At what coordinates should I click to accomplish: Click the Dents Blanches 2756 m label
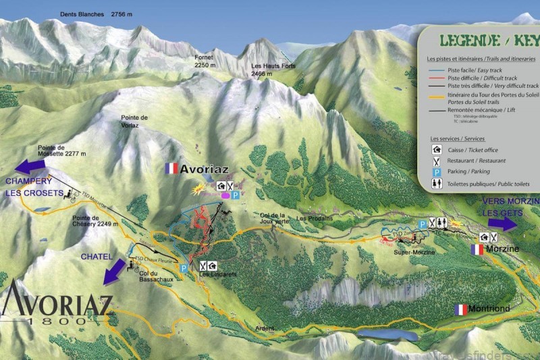92,13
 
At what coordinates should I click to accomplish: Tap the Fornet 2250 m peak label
204,61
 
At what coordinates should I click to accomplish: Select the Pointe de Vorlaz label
134,121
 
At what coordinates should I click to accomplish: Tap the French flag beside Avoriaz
171,168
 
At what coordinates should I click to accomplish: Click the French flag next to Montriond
461,309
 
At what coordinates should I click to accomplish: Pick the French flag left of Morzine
477,249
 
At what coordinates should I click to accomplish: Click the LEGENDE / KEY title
480,41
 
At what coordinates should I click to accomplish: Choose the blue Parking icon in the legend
437,172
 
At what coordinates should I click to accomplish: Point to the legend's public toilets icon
437,184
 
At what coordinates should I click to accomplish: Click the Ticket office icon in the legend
437,150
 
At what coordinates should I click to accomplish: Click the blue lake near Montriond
387,335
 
